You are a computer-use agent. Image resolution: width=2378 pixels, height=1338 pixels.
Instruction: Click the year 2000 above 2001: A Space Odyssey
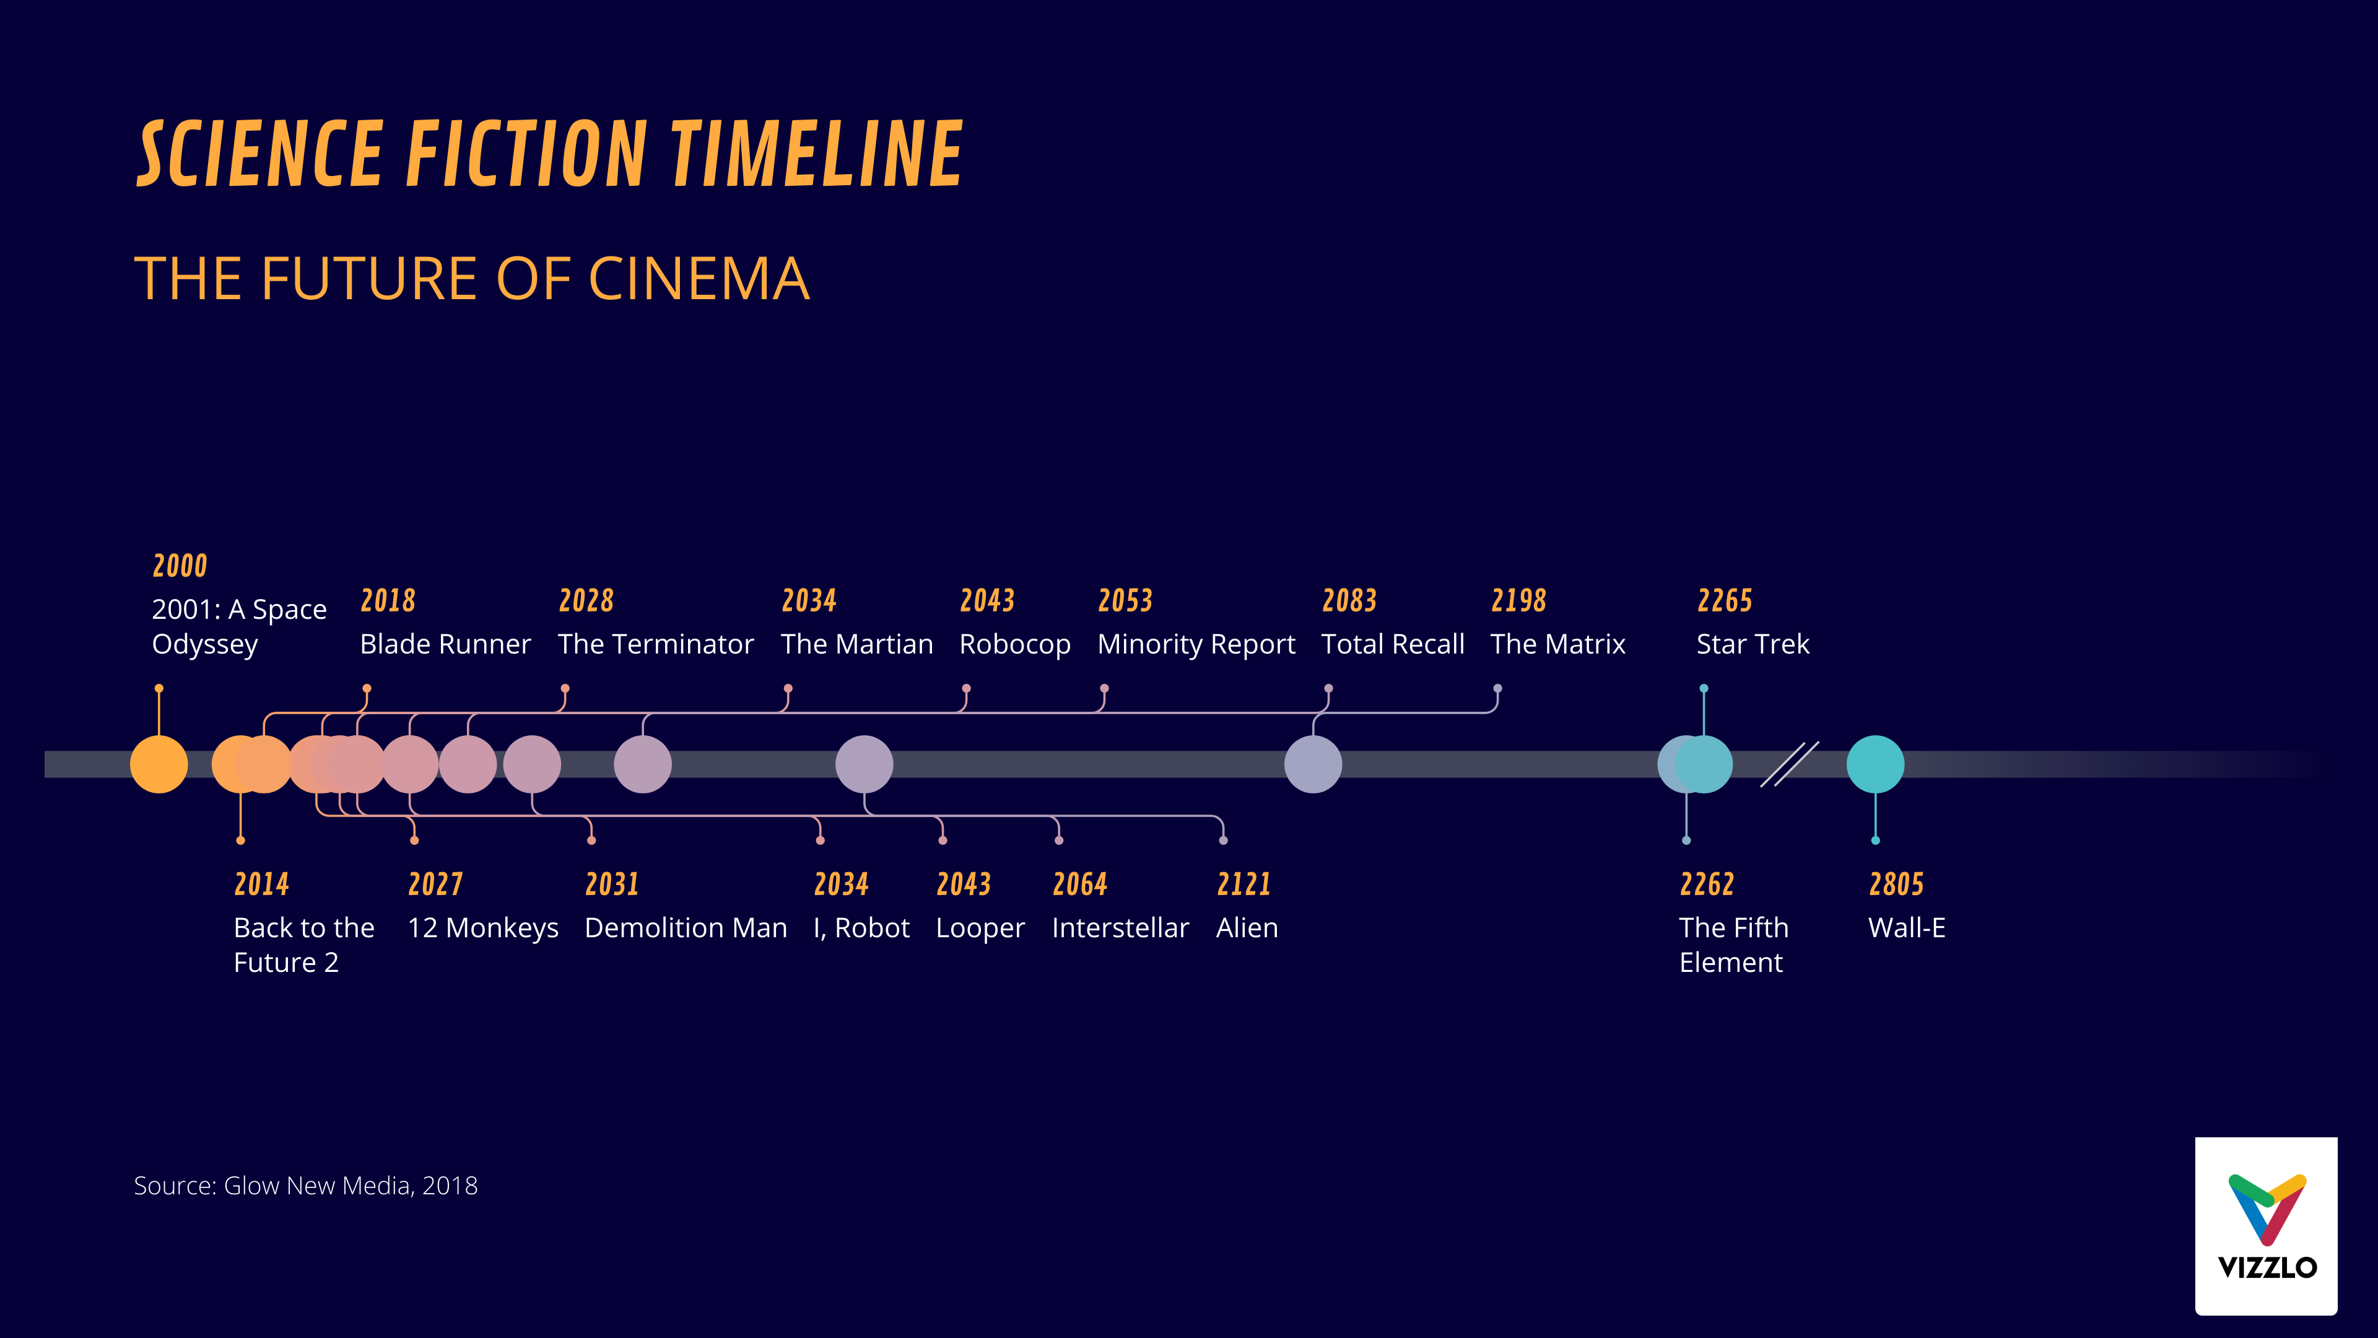pos(180,565)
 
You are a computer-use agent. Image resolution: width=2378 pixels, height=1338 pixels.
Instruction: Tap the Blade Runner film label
pos(445,644)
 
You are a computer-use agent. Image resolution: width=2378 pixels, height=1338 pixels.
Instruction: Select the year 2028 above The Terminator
pos(586,601)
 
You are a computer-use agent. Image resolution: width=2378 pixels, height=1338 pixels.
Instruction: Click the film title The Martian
pos(856,644)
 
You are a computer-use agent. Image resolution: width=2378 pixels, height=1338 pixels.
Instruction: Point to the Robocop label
pos(1014,644)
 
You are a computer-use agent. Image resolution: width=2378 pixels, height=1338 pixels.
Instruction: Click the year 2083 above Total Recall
pos(1349,601)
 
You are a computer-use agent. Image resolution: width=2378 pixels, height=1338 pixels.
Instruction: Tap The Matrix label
pos(1557,644)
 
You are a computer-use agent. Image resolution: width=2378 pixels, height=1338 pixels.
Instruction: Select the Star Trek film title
pos(1752,644)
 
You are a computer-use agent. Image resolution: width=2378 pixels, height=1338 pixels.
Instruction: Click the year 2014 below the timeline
pos(261,885)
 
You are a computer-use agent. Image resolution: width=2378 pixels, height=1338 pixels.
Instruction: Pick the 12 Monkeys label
pos(483,927)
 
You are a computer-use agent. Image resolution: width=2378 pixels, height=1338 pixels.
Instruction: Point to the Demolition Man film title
pos(686,927)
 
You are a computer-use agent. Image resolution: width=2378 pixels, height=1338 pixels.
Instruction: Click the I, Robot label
pos(861,927)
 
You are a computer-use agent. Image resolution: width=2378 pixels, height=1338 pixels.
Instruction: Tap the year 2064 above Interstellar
pos(1080,885)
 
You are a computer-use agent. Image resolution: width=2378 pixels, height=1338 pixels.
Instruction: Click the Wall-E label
pos(1906,927)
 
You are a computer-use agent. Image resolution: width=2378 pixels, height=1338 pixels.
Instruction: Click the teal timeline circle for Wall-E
pos(1875,764)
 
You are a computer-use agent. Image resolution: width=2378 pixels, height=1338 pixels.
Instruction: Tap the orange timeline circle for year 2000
pos(159,764)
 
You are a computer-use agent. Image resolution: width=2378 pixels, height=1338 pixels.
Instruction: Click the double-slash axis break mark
pos(1789,764)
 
